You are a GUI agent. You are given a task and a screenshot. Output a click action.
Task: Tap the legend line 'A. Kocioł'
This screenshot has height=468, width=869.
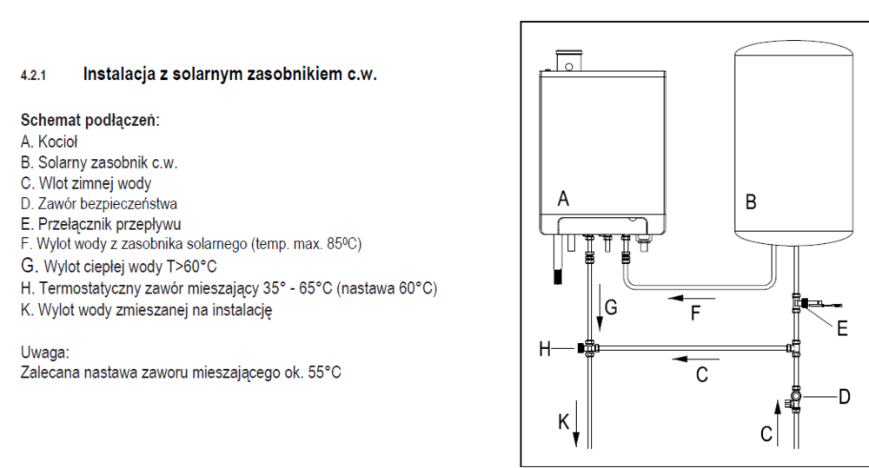[50, 142]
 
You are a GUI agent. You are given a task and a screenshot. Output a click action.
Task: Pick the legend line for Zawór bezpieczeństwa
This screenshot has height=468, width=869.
[99, 204]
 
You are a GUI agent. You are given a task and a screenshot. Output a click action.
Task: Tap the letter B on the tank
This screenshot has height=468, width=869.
[751, 202]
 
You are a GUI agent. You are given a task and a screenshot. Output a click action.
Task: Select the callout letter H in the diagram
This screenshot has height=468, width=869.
[546, 349]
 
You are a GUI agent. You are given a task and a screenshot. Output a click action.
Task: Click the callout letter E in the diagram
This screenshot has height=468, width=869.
[842, 328]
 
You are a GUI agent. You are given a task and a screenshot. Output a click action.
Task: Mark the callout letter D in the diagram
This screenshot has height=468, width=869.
[844, 397]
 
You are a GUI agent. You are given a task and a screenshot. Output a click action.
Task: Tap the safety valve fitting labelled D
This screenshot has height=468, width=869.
[798, 399]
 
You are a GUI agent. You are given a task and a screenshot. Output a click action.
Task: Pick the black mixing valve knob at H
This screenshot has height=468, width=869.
[578, 350]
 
